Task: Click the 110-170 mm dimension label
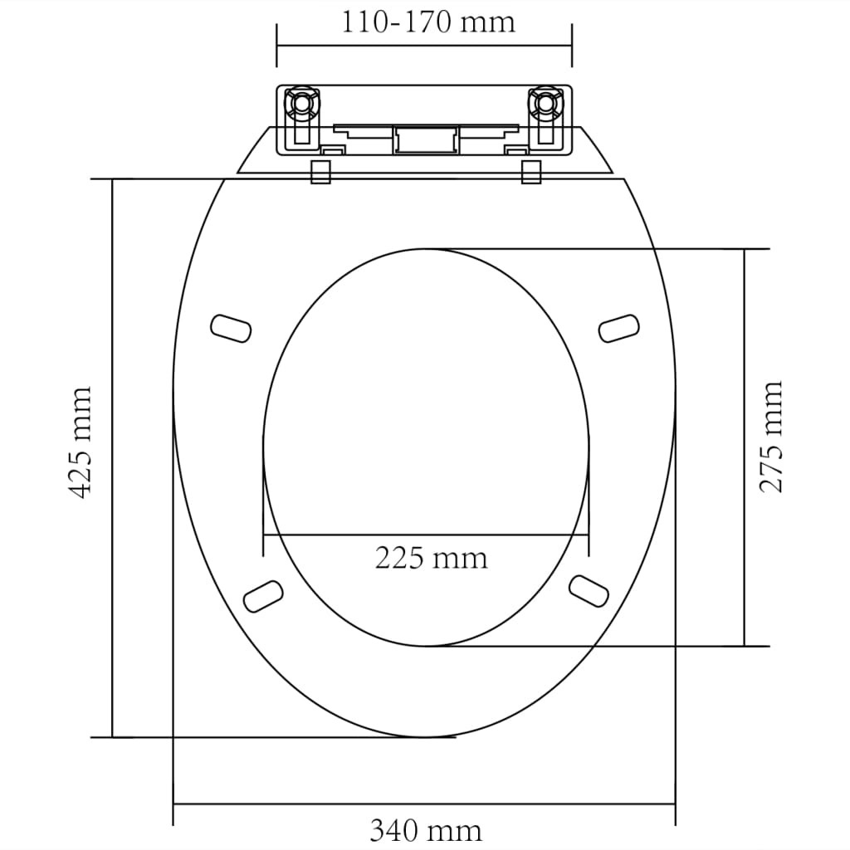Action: click(x=427, y=21)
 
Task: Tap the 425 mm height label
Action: click(x=80, y=442)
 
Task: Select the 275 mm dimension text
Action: click(x=772, y=437)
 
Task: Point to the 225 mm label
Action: click(x=431, y=558)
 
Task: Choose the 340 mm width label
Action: click(x=425, y=829)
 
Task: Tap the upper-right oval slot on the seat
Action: click(x=619, y=327)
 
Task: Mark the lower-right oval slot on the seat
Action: click(x=589, y=588)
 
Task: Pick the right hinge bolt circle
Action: click(x=545, y=103)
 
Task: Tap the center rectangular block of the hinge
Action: click(x=425, y=139)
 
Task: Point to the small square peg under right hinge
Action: click(x=531, y=172)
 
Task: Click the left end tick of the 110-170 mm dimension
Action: click(x=276, y=46)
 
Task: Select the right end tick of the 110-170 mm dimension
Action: click(x=572, y=46)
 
